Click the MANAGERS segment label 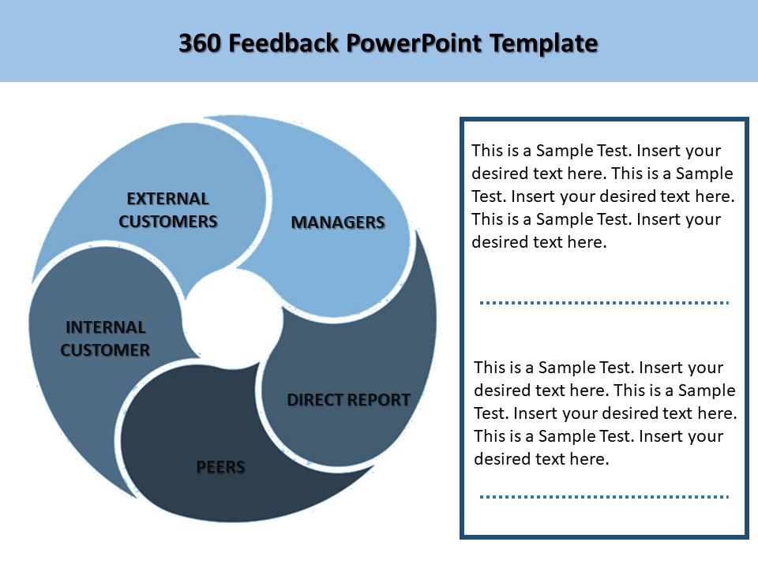click(x=338, y=222)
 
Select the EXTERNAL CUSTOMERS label click(x=168, y=210)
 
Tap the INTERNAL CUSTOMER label click(x=105, y=338)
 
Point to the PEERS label click(x=220, y=467)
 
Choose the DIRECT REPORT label click(x=348, y=400)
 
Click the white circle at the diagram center click(x=235, y=320)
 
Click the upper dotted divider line click(x=604, y=302)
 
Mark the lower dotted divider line click(x=604, y=497)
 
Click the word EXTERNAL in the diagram click(x=168, y=199)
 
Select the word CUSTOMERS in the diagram click(x=168, y=222)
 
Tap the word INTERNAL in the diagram click(x=106, y=327)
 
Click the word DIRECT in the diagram click(x=311, y=400)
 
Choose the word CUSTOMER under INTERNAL click(x=105, y=350)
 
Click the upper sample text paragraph click(x=603, y=196)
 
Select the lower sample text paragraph click(x=605, y=413)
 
